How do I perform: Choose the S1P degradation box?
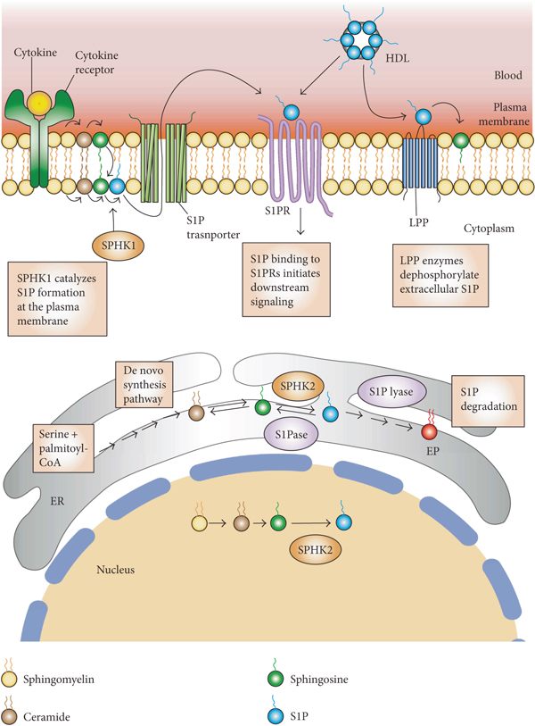point(483,403)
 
